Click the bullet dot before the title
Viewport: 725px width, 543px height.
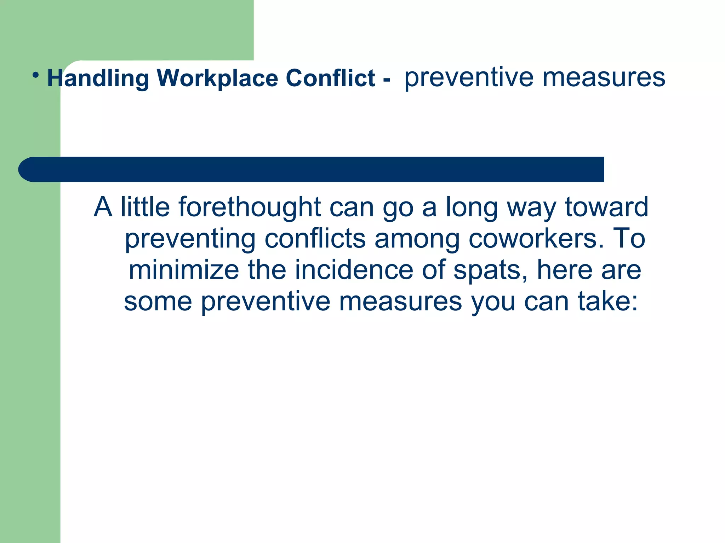tap(35, 75)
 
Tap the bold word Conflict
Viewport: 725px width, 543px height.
tap(330, 78)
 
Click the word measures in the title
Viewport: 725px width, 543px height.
tap(604, 78)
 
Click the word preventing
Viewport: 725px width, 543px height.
tap(190, 239)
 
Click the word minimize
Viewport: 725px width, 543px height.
tap(184, 270)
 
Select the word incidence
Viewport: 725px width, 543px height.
tap(354, 270)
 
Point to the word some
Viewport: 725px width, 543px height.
tap(158, 301)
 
